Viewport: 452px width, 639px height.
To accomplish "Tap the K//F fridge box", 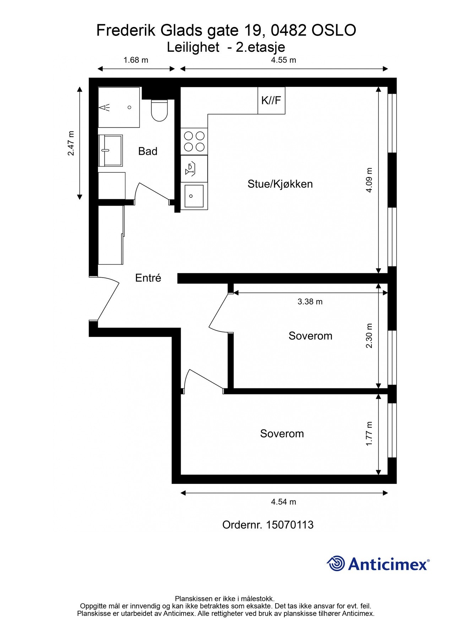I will pyautogui.click(x=271, y=100).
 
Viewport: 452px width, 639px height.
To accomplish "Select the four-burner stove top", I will pyautogui.click(x=194, y=141).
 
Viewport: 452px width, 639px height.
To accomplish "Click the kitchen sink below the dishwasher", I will pyautogui.click(x=194, y=196).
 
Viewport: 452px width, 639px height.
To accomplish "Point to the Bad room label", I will pyautogui.click(x=148, y=151).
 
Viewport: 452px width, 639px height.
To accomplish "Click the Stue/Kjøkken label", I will pyautogui.click(x=280, y=184).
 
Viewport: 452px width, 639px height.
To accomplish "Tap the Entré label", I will pyautogui.click(x=148, y=278).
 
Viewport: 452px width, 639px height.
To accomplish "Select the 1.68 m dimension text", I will pyautogui.click(x=136, y=60).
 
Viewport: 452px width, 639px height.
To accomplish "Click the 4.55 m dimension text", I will pyautogui.click(x=283, y=60).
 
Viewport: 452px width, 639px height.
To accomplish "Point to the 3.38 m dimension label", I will pyautogui.click(x=310, y=302).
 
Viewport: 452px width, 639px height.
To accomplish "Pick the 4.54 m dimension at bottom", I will pyautogui.click(x=283, y=502).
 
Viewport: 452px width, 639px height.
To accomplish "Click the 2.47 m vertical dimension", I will pyautogui.click(x=71, y=143).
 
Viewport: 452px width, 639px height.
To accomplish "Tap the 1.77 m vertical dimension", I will pyautogui.click(x=369, y=434).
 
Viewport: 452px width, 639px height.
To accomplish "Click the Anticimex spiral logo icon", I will pyautogui.click(x=336, y=563).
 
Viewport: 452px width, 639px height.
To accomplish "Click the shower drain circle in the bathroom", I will pyautogui.click(x=130, y=107).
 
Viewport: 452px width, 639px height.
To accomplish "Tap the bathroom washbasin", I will pyautogui.click(x=110, y=150).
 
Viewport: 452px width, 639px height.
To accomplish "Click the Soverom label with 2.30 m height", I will pyautogui.click(x=310, y=336).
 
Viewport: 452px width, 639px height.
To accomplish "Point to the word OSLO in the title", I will pyautogui.click(x=334, y=31).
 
